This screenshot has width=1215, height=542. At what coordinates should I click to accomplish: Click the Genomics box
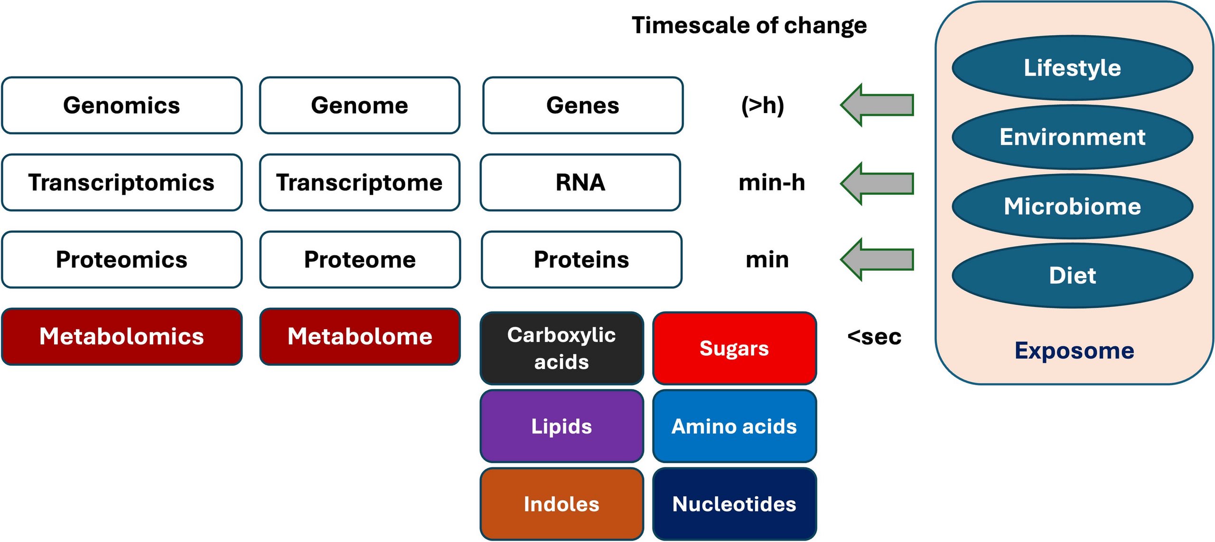121,105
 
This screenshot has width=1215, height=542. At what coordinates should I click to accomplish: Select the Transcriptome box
359,182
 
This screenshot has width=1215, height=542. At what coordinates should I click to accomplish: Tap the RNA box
580,182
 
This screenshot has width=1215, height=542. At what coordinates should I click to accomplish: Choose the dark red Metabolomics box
121,336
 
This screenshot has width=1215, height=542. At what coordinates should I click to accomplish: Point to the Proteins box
581,259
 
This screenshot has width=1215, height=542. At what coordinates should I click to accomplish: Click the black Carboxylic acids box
561,348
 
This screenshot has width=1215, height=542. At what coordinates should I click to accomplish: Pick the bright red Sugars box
734,348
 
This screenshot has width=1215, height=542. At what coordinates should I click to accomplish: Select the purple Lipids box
561,426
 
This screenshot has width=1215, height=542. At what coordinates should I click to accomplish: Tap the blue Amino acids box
734,426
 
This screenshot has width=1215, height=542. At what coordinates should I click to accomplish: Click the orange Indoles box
561,504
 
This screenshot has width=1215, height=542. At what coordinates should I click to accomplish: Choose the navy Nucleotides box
734,504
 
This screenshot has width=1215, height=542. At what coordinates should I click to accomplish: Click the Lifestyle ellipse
1072,68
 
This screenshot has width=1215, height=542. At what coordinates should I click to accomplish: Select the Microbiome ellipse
1072,206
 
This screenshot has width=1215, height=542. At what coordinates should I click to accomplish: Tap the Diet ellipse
1072,276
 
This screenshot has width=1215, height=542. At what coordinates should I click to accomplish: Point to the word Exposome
1074,351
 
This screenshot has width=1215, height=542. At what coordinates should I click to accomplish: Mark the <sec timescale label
874,337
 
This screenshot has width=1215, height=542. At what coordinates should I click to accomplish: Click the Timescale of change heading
749,25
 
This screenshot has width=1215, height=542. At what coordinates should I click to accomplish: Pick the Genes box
582,105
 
